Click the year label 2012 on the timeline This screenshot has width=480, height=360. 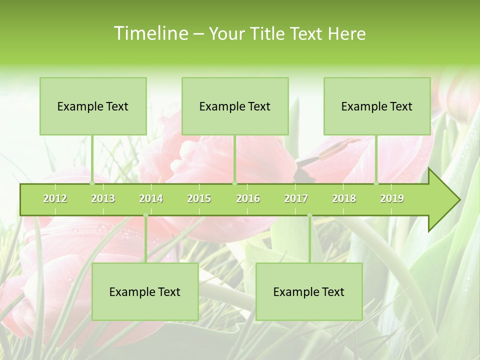[x=55, y=198]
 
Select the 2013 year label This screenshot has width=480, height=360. [x=103, y=198]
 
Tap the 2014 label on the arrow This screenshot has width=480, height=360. [x=151, y=198]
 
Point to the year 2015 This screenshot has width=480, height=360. [x=199, y=198]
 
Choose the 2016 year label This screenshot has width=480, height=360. [x=248, y=198]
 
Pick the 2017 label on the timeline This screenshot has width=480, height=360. [x=296, y=198]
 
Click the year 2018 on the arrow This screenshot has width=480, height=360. [x=344, y=198]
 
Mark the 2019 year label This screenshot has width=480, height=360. [x=392, y=198]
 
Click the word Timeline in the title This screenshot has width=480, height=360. [x=150, y=33]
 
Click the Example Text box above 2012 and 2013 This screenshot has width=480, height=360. [x=93, y=106]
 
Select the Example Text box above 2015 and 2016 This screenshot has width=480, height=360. [x=235, y=106]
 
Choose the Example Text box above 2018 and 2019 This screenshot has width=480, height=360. [x=377, y=106]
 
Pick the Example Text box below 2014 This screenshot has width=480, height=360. [x=145, y=291]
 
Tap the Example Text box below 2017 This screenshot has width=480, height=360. [x=309, y=291]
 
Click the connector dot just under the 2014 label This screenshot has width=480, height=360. [x=145, y=215]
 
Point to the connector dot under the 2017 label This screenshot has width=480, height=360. [x=309, y=215]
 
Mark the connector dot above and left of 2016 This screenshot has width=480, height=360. [x=234, y=183]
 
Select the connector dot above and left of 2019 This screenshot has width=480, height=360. [x=376, y=183]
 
